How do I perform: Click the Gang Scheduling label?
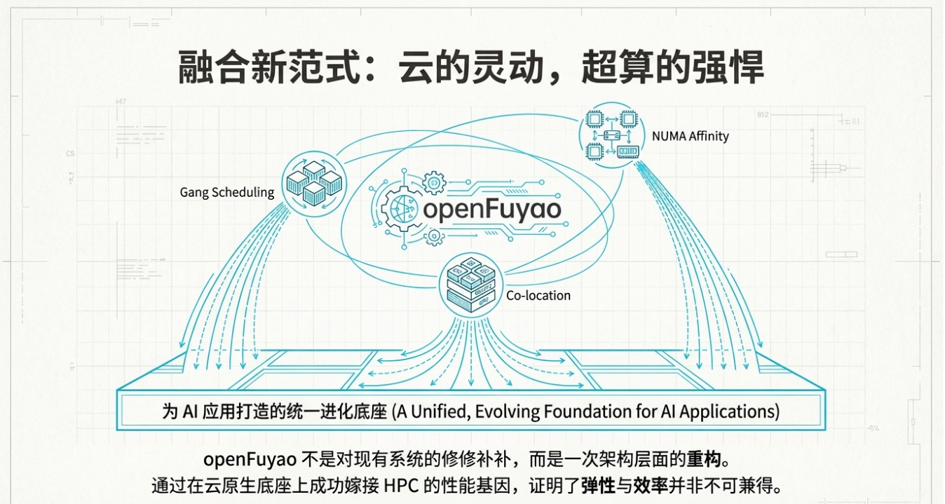pos(226,192)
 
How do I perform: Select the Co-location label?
pos(538,295)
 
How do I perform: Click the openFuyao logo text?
pos(491,209)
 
